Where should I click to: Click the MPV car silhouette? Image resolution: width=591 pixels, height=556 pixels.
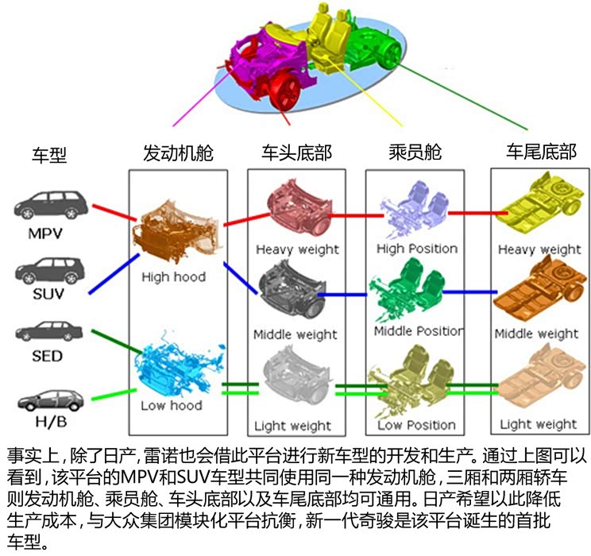coord(51,205)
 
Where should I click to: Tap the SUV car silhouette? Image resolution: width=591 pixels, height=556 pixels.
coord(50,271)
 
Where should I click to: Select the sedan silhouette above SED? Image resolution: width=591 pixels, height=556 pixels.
coord(49,331)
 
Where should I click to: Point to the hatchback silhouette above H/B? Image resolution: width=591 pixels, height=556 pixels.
coord(51,400)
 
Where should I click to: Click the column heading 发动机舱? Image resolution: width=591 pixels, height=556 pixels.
coord(178,153)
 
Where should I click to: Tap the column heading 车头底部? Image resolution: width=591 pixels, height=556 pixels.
coord(296,153)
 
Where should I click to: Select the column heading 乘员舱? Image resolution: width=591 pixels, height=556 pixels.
coord(415,153)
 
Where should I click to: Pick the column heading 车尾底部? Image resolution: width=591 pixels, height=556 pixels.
coord(541,152)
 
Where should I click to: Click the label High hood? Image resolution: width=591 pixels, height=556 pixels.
coord(173,277)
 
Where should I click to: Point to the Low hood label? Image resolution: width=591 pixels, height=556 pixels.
coord(172,406)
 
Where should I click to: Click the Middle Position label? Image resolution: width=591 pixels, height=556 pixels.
coord(419,331)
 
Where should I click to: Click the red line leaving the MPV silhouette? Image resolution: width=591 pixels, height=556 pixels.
coord(114,213)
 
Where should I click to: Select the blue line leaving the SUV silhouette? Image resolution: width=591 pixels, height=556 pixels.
coord(114,274)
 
